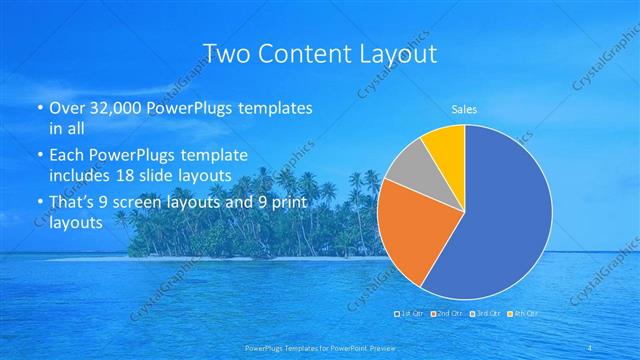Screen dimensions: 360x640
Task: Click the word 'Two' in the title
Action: [227, 53]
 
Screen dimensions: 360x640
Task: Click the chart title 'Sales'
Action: [464, 109]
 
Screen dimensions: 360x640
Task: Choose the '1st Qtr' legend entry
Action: [411, 314]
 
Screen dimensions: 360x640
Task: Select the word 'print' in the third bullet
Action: [294, 204]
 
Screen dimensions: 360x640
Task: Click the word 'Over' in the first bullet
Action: [65, 107]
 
